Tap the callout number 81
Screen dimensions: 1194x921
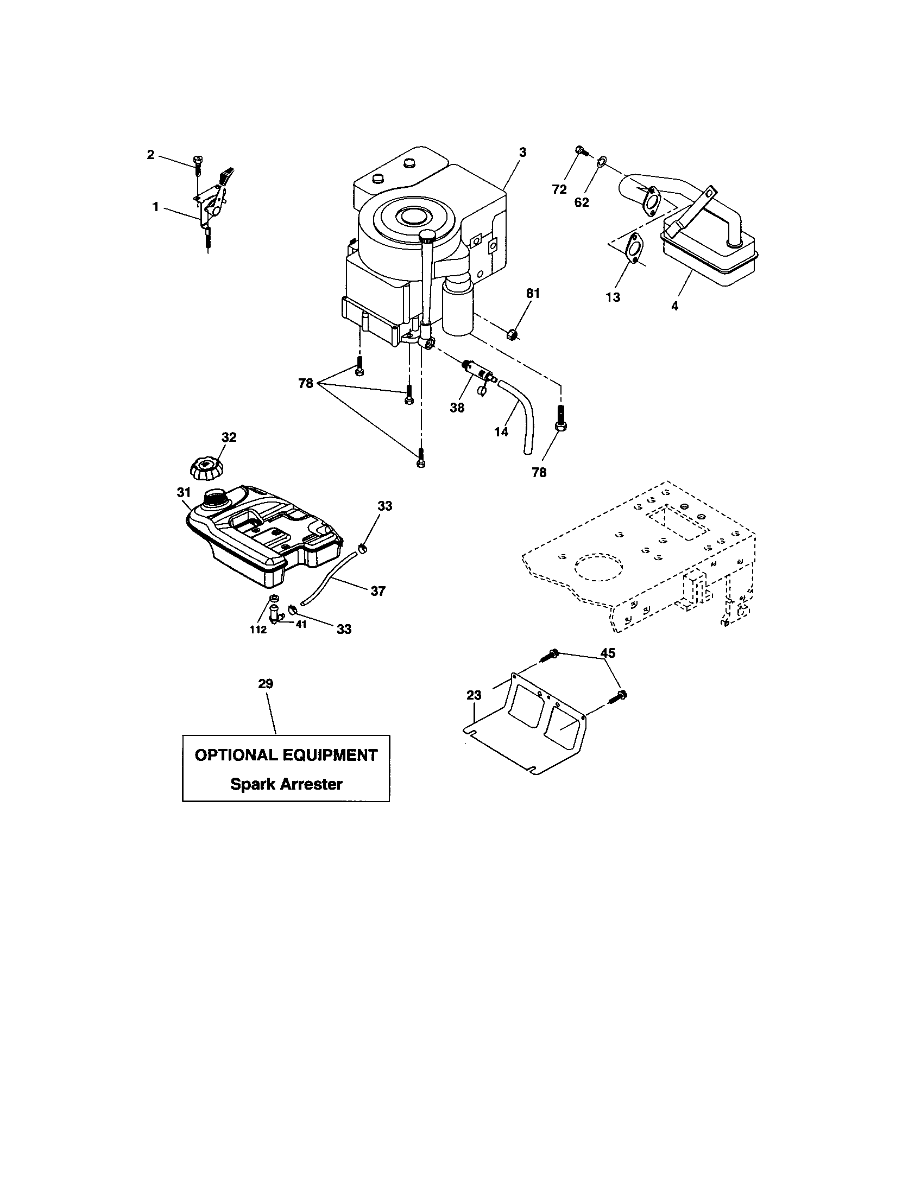[x=533, y=294]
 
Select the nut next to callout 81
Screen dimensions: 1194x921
[x=513, y=333]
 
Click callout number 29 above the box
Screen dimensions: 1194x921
[x=266, y=684]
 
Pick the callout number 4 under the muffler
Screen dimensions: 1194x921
[x=674, y=307]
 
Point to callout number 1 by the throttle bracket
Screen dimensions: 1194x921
[x=156, y=207]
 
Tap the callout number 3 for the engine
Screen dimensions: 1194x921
[x=522, y=153]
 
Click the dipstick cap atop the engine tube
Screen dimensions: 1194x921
[x=427, y=237]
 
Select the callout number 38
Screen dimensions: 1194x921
[x=457, y=407]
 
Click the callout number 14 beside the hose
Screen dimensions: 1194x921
[x=501, y=432]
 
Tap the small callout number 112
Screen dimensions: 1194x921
[x=258, y=630]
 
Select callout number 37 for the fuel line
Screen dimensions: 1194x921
[x=378, y=591]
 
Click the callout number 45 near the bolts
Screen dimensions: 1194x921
[x=608, y=653]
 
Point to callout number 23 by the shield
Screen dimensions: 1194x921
[x=474, y=695]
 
